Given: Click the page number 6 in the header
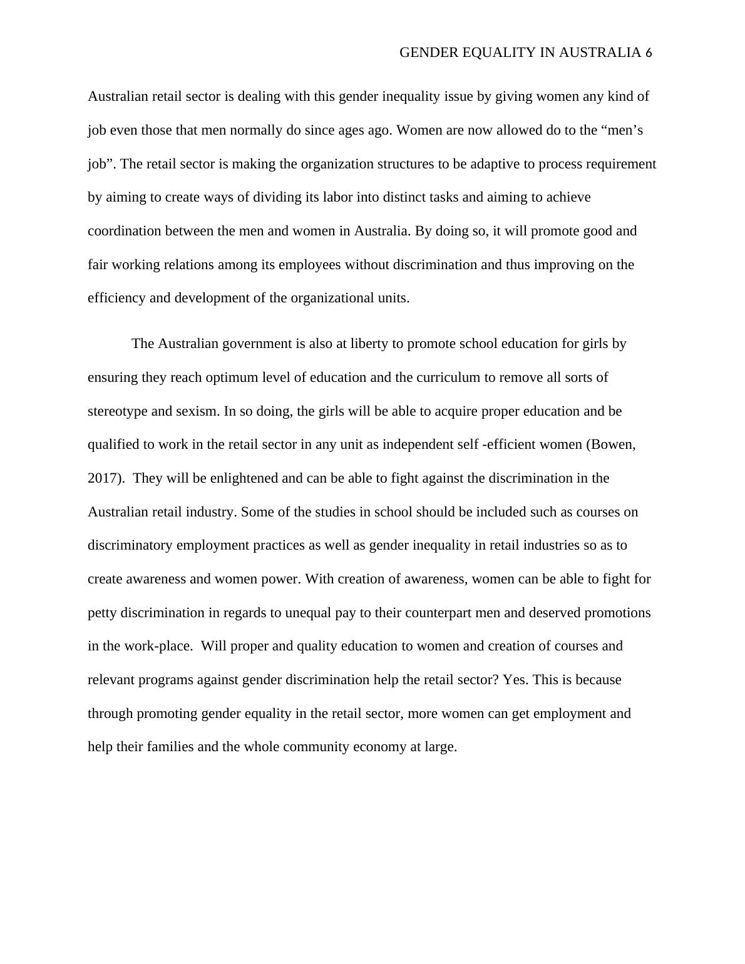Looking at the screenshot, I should click(648, 53).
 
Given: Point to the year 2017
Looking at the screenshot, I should click(102, 478).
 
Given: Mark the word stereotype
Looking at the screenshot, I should click(117, 411).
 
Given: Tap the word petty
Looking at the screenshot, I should click(102, 612).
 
